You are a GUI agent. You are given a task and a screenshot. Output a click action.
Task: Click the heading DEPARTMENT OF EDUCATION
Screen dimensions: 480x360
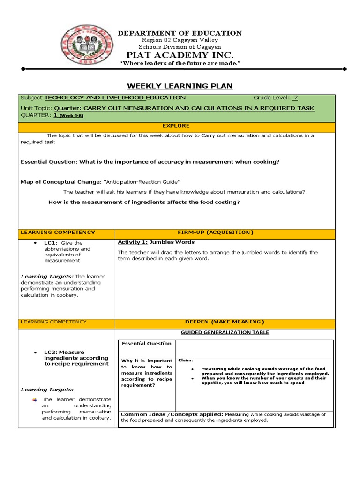click(180, 33)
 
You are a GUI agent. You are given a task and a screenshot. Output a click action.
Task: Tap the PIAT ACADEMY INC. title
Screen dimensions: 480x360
click(180, 55)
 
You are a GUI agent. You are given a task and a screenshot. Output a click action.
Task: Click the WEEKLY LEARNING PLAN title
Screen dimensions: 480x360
click(180, 86)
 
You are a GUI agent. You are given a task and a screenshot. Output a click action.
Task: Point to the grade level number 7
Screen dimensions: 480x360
click(295, 97)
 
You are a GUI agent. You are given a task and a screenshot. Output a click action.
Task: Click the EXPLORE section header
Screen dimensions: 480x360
click(176, 126)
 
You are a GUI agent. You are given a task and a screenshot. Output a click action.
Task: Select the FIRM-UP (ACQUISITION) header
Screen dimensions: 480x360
click(225, 232)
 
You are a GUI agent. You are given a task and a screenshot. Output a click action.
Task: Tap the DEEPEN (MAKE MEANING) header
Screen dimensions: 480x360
click(225, 322)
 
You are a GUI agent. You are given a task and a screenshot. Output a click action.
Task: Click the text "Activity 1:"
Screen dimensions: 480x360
click(133, 242)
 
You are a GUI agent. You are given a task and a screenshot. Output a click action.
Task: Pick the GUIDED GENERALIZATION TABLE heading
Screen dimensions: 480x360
click(225, 332)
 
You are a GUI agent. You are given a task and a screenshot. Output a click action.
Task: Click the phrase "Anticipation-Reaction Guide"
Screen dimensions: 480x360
click(142, 181)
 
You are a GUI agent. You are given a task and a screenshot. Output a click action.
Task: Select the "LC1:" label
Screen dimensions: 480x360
click(51, 243)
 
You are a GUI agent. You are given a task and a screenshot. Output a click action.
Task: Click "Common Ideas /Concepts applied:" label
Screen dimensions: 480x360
click(172, 414)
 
